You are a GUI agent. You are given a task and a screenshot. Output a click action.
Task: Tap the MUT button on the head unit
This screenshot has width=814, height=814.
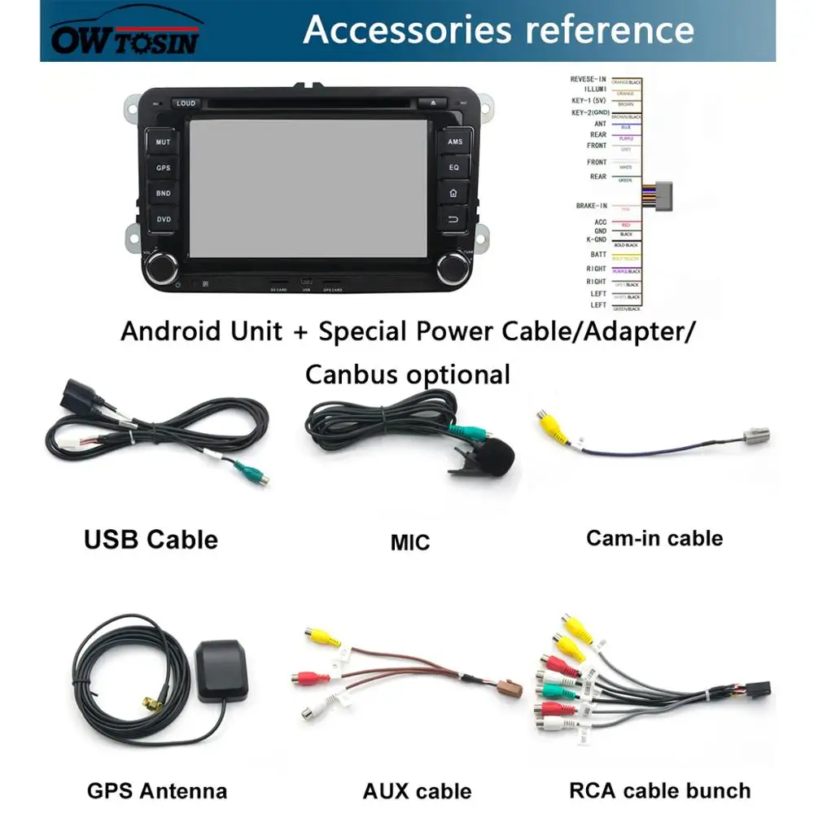(164, 142)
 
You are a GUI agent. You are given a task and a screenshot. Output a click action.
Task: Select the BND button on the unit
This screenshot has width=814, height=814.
(164, 193)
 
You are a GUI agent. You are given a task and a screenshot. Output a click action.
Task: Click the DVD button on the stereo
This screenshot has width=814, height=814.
(164, 218)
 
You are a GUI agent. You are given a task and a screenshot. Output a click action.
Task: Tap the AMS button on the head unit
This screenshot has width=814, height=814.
(454, 142)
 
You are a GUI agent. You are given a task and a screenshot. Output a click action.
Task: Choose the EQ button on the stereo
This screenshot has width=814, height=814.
(454, 167)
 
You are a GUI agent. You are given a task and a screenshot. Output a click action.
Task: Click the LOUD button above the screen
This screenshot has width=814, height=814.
(185, 103)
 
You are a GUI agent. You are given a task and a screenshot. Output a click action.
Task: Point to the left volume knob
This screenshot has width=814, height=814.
(162, 265)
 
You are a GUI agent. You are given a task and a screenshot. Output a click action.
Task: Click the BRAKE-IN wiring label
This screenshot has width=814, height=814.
(591, 206)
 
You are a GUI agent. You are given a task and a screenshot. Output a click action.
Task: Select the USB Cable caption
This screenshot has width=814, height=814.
(151, 539)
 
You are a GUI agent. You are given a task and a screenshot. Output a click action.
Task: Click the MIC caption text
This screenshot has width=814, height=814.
(409, 542)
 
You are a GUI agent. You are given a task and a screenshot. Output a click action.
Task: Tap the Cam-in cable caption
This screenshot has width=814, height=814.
(654, 538)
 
